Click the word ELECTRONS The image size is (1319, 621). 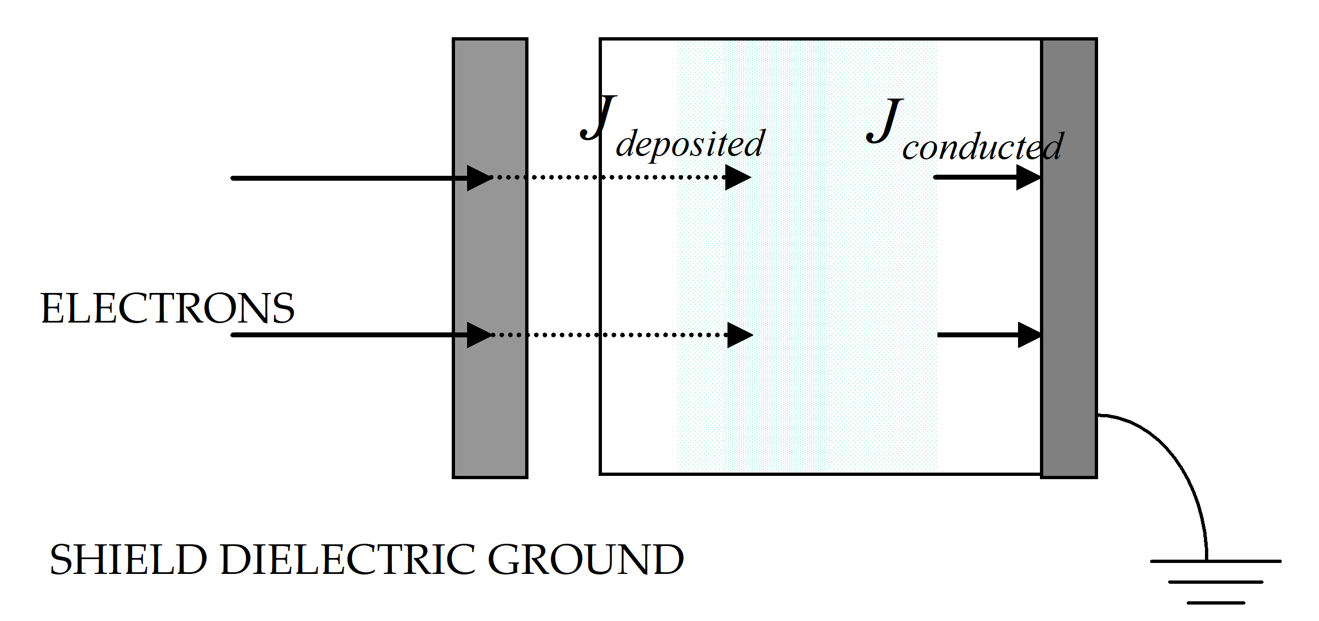pyautogui.click(x=167, y=308)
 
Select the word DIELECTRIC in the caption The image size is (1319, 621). pyautogui.click(x=348, y=560)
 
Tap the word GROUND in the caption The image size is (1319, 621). pyautogui.click(x=585, y=560)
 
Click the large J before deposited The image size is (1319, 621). pyautogui.click(x=599, y=117)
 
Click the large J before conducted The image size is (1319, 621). pyautogui.click(x=885, y=120)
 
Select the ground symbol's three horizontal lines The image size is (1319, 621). pyautogui.click(x=1215, y=582)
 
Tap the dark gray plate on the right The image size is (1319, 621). pyautogui.click(x=1068, y=257)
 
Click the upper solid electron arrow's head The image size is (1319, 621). pyautogui.click(x=479, y=178)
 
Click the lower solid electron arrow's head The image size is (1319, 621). pyautogui.click(x=479, y=335)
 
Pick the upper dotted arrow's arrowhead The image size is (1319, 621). pyautogui.click(x=737, y=177)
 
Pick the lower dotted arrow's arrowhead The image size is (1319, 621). pyautogui.click(x=740, y=335)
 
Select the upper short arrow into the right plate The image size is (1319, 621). pyautogui.click(x=987, y=177)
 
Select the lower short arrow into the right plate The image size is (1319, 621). pyautogui.click(x=990, y=335)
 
